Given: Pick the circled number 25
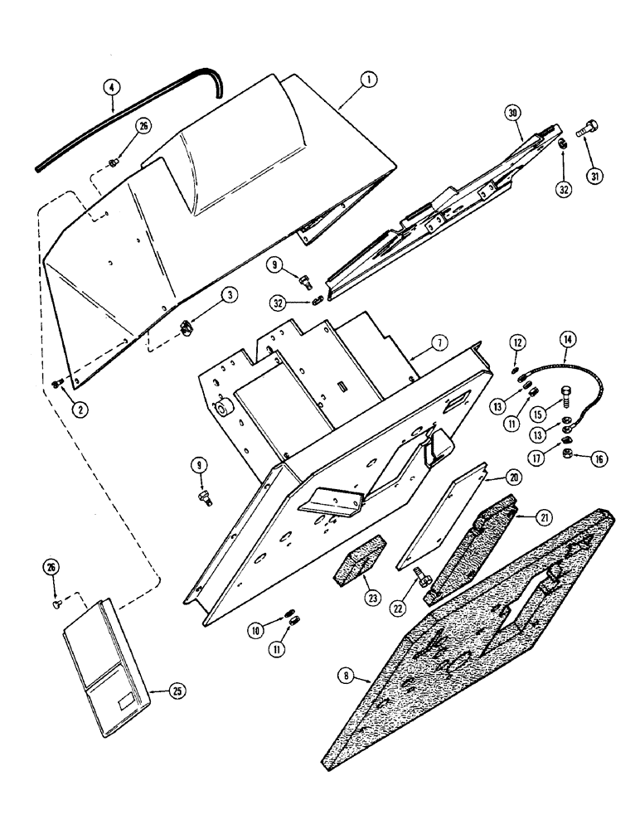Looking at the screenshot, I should pyautogui.click(x=177, y=689).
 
